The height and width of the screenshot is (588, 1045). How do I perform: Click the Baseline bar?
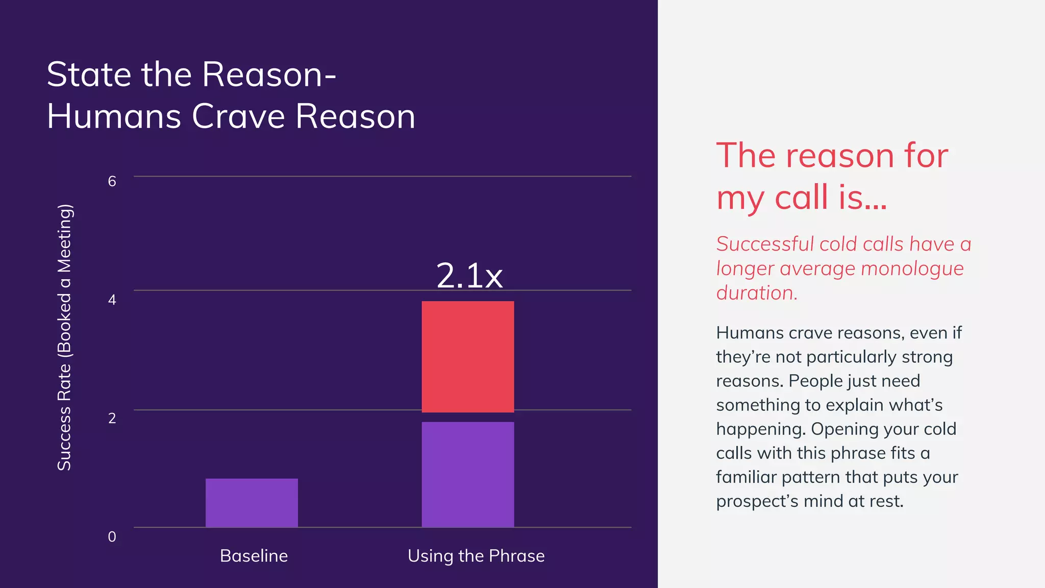pos(252,503)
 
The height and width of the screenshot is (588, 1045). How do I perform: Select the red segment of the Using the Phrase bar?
pos(467,357)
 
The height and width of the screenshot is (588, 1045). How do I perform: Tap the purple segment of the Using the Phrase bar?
pos(467,474)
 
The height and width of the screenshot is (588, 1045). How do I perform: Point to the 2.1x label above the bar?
pos(469,276)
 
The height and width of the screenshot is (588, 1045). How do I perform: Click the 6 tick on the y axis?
pos(112,181)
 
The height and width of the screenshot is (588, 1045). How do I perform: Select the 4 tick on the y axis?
pos(112,300)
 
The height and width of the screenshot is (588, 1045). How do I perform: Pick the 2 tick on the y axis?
pos(112,418)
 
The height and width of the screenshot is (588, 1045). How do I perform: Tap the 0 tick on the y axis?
pos(112,536)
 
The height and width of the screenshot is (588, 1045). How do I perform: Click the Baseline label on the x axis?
pos(254,556)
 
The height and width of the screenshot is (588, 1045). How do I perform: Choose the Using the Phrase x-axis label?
pos(476,556)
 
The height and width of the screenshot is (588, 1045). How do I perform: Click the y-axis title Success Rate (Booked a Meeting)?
pos(64,337)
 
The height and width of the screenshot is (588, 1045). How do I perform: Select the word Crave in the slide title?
pos(238,116)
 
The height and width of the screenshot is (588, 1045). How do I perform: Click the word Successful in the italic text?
pos(765,244)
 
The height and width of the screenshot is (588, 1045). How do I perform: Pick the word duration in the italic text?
pos(756,293)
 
